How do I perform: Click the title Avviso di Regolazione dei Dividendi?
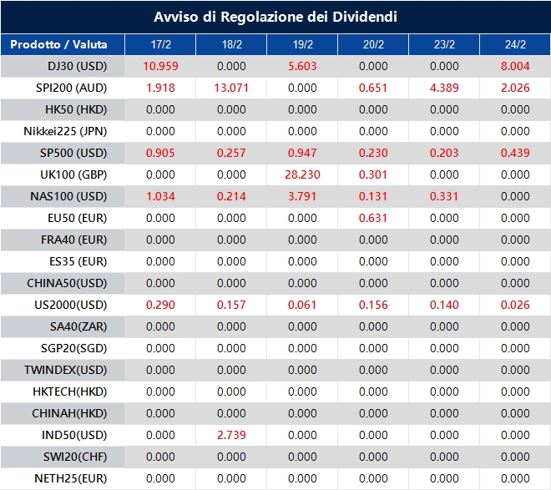(275, 17)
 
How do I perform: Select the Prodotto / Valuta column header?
(58, 44)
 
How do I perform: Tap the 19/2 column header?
(302, 44)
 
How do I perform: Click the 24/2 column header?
(515, 44)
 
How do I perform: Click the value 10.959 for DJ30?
(160, 66)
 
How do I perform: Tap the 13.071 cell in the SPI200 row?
(231, 88)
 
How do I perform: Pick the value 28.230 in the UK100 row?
(302, 174)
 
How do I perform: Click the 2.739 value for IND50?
(231, 435)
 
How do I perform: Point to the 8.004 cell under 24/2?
(515, 66)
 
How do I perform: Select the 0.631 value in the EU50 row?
(373, 218)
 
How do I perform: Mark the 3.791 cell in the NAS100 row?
(302, 196)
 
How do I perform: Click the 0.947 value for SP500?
(302, 153)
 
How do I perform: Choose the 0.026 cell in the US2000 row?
(515, 305)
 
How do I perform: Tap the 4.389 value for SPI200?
(444, 88)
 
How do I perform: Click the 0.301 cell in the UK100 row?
(373, 174)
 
